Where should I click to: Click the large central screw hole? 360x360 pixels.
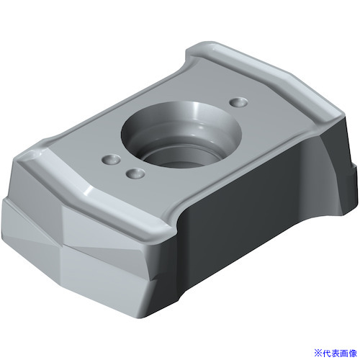coord(181,135)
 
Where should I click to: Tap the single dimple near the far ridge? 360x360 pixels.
coord(238,102)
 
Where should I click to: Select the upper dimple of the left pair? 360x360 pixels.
coord(112,159)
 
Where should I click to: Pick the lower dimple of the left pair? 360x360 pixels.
coord(135,174)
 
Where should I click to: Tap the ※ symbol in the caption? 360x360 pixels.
coord(318,353)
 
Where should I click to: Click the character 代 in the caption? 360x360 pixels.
coord(326,353)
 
